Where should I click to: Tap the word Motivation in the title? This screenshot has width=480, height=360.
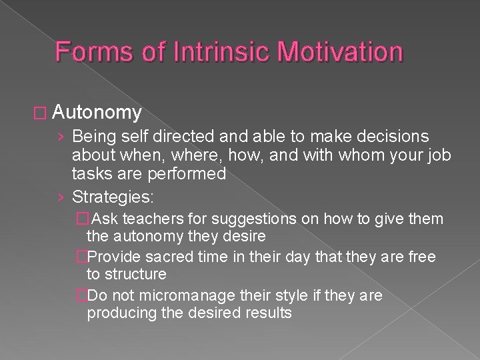point(327,51)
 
